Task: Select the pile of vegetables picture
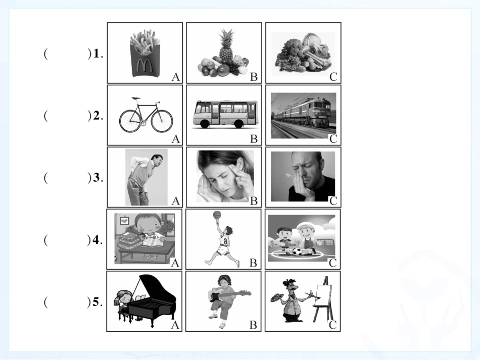[303, 54]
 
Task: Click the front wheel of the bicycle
[162, 121]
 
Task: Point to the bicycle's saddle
[136, 98]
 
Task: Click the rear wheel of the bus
[238, 124]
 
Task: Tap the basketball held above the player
[217, 215]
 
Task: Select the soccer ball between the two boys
[296, 252]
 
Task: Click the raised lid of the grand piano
[156, 287]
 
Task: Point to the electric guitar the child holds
[229, 294]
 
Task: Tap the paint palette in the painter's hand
[277, 297]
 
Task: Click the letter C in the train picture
[333, 139]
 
